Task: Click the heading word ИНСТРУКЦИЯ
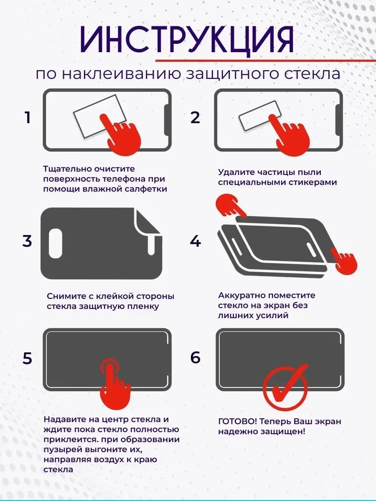(x=187, y=40)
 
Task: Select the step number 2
(x=196, y=118)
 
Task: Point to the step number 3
(x=27, y=241)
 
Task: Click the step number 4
(x=196, y=241)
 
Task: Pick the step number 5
(x=28, y=359)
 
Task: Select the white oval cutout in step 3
(x=56, y=243)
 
